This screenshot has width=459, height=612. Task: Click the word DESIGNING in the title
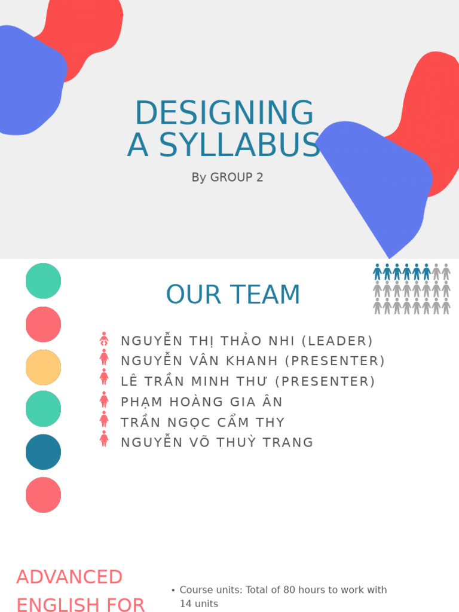click(x=224, y=114)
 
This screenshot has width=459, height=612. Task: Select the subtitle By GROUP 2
click(x=227, y=178)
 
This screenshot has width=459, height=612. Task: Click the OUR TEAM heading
click(x=233, y=295)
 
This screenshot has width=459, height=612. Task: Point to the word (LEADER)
click(x=337, y=341)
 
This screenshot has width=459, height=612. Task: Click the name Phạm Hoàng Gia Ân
click(x=201, y=402)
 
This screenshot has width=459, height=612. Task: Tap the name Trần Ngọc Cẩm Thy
click(x=203, y=423)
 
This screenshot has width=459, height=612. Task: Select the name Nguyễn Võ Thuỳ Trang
click(x=217, y=443)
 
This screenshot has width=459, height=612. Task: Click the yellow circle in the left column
click(x=44, y=367)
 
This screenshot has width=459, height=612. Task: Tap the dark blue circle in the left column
click(x=44, y=452)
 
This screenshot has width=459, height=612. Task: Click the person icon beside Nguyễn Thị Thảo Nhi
click(x=104, y=340)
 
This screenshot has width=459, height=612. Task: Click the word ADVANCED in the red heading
click(x=69, y=577)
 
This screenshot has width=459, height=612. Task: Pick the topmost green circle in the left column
click(x=44, y=281)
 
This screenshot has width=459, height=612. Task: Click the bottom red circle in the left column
click(x=44, y=495)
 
